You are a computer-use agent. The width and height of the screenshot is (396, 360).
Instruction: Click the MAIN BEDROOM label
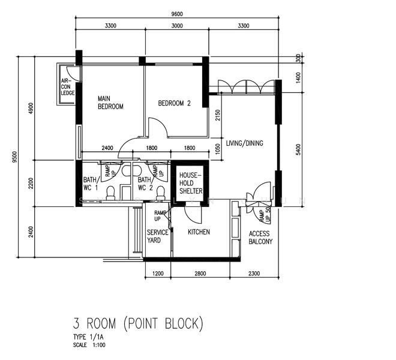pos(110,103)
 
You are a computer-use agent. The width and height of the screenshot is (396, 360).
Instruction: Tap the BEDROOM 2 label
pos(174,103)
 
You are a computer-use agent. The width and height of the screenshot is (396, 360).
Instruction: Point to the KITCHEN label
pos(199,232)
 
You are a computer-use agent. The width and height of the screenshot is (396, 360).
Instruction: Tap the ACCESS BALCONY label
pos(260,238)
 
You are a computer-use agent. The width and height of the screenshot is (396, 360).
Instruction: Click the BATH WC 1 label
pos(90,184)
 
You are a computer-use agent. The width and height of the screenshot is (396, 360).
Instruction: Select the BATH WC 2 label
pos(145,184)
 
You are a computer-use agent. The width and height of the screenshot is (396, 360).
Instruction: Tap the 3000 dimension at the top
pos(176,26)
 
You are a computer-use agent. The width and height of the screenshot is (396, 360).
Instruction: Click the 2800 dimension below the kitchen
pos(200,274)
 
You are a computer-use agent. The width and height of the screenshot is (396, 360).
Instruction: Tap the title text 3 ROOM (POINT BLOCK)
pos(138,324)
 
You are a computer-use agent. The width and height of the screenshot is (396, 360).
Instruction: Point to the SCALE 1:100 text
pos(89,345)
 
